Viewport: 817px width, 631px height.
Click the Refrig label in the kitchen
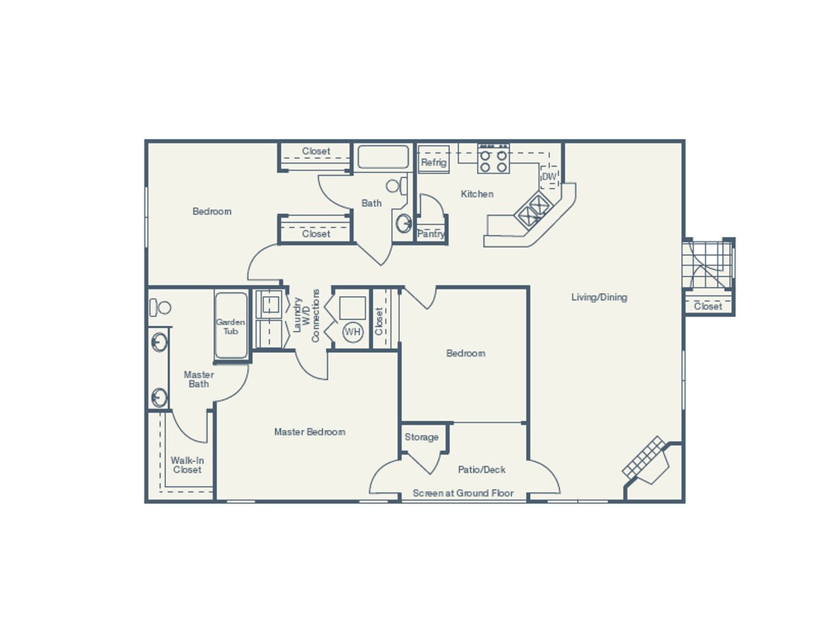(x=434, y=162)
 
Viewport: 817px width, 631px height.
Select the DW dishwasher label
(x=549, y=177)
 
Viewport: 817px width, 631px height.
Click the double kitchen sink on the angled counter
(x=534, y=209)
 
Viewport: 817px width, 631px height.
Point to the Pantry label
(x=431, y=234)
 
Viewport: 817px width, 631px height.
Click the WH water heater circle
(x=352, y=331)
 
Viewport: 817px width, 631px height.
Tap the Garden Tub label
(x=231, y=327)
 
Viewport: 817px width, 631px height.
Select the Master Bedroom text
(x=309, y=431)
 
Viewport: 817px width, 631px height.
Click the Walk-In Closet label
(x=187, y=465)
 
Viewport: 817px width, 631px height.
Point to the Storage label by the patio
(x=422, y=437)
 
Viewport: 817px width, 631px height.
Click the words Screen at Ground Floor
(x=463, y=493)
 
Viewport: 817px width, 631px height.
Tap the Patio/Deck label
(x=481, y=470)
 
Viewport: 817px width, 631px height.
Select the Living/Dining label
(x=599, y=297)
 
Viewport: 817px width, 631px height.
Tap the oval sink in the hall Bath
(x=404, y=223)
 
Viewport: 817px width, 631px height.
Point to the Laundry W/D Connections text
(x=306, y=315)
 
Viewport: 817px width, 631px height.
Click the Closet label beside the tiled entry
(x=708, y=306)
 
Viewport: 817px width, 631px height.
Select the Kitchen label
(x=477, y=194)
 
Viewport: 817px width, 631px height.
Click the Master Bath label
(x=199, y=379)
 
